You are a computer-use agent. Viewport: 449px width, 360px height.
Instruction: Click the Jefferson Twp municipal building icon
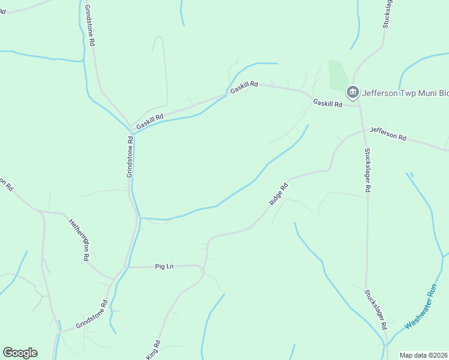[x=352, y=92]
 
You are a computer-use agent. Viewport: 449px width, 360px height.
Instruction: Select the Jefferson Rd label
[x=388, y=133]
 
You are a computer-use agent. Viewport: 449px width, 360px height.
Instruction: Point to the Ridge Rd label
[x=279, y=194]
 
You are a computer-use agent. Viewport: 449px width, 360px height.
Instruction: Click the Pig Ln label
[x=164, y=266]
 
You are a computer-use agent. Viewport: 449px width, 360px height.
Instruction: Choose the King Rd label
[x=153, y=350]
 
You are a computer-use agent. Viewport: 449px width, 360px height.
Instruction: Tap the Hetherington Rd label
[x=78, y=239]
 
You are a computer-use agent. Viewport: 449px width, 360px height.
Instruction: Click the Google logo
[x=20, y=353]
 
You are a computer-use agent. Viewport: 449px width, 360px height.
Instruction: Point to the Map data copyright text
[x=423, y=355]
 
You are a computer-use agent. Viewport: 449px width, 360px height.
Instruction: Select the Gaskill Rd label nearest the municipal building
[x=327, y=103]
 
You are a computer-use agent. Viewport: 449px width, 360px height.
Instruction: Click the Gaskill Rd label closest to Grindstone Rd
[x=149, y=122]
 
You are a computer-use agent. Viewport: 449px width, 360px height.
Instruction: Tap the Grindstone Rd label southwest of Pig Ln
[x=91, y=315]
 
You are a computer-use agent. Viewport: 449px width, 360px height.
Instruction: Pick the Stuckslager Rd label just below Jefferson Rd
[x=367, y=170]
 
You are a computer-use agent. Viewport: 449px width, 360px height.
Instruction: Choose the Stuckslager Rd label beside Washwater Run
[x=375, y=309]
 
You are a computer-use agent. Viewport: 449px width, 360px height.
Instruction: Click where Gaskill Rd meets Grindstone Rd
[x=131, y=128]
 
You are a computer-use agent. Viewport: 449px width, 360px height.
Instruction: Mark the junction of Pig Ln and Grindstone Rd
[x=125, y=266]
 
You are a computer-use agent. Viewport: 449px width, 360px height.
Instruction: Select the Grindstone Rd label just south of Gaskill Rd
[x=130, y=156]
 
